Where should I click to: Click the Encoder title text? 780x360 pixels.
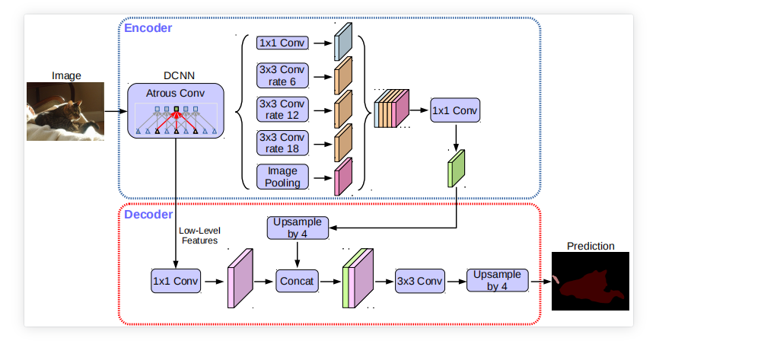pos(148,28)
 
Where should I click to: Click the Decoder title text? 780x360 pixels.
pos(148,215)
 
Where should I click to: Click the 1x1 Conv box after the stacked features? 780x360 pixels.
pos(455,110)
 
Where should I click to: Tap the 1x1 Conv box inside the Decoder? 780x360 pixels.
pos(176,281)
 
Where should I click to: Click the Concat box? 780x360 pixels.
pos(296,281)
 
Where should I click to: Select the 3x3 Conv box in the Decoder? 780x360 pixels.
pos(419,281)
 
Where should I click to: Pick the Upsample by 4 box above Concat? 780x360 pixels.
pos(297,227)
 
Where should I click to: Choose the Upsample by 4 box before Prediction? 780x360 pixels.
pos(497,280)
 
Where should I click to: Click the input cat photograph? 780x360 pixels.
pos(65,111)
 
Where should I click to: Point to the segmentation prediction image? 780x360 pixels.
pos(591,281)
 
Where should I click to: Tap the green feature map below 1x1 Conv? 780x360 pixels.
pos(456,169)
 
